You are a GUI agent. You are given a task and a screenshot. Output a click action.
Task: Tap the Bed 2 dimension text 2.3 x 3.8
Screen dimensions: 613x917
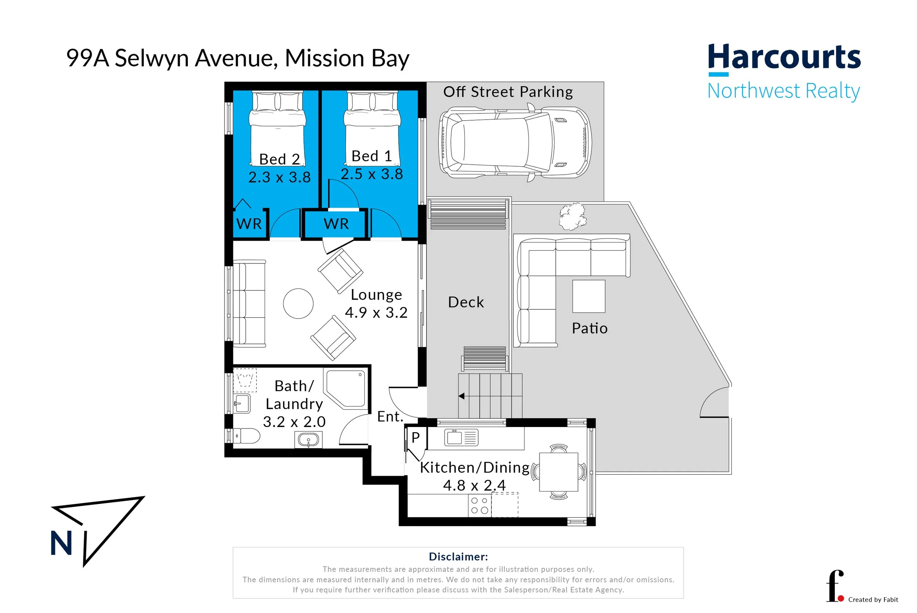(280, 178)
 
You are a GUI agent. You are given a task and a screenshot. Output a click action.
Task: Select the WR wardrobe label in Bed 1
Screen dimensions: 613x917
(336, 224)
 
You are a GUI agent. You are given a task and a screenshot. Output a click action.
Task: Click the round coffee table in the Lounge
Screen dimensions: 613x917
(298, 303)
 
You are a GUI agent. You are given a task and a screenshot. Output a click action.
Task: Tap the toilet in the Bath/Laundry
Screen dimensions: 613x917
(247, 436)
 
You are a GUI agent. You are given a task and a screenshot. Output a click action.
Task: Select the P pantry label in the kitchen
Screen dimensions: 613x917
(416, 438)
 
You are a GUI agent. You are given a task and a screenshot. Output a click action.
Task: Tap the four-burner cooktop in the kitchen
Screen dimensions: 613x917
(479, 506)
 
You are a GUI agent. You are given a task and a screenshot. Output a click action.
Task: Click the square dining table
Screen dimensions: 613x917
(559, 472)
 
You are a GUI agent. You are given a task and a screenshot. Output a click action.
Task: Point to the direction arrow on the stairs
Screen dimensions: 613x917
(462, 396)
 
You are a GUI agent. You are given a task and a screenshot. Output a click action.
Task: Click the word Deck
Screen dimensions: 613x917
(466, 302)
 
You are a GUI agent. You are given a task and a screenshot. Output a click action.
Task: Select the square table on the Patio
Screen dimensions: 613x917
(589, 296)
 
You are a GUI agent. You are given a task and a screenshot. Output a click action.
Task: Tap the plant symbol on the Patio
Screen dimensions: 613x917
(573, 216)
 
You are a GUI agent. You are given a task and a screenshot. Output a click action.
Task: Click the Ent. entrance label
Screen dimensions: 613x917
(390, 417)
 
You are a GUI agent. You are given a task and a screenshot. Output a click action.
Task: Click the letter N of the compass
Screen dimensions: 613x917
(61, 543)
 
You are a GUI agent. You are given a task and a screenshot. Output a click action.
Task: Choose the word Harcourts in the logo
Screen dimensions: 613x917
(784, 58)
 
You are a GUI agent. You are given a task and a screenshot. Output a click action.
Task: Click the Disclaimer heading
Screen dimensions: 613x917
(458, 557)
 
